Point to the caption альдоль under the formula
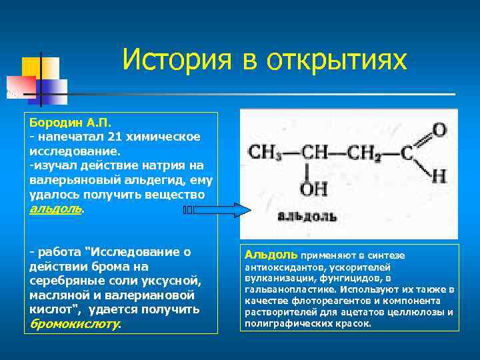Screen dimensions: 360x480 tap(301, 216)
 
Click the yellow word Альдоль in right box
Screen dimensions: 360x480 tap(271, 255)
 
